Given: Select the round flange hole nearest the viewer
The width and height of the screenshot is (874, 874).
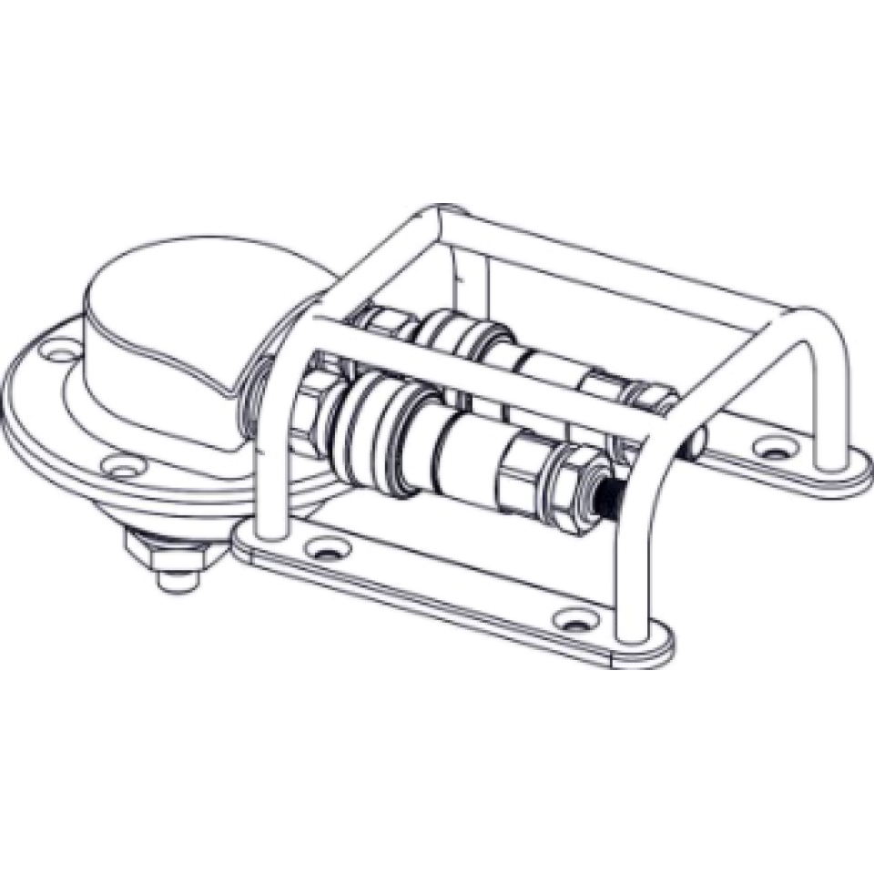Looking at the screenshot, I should (122, 467).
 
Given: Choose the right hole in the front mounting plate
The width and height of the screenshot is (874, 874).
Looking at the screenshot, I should (573, 620).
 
